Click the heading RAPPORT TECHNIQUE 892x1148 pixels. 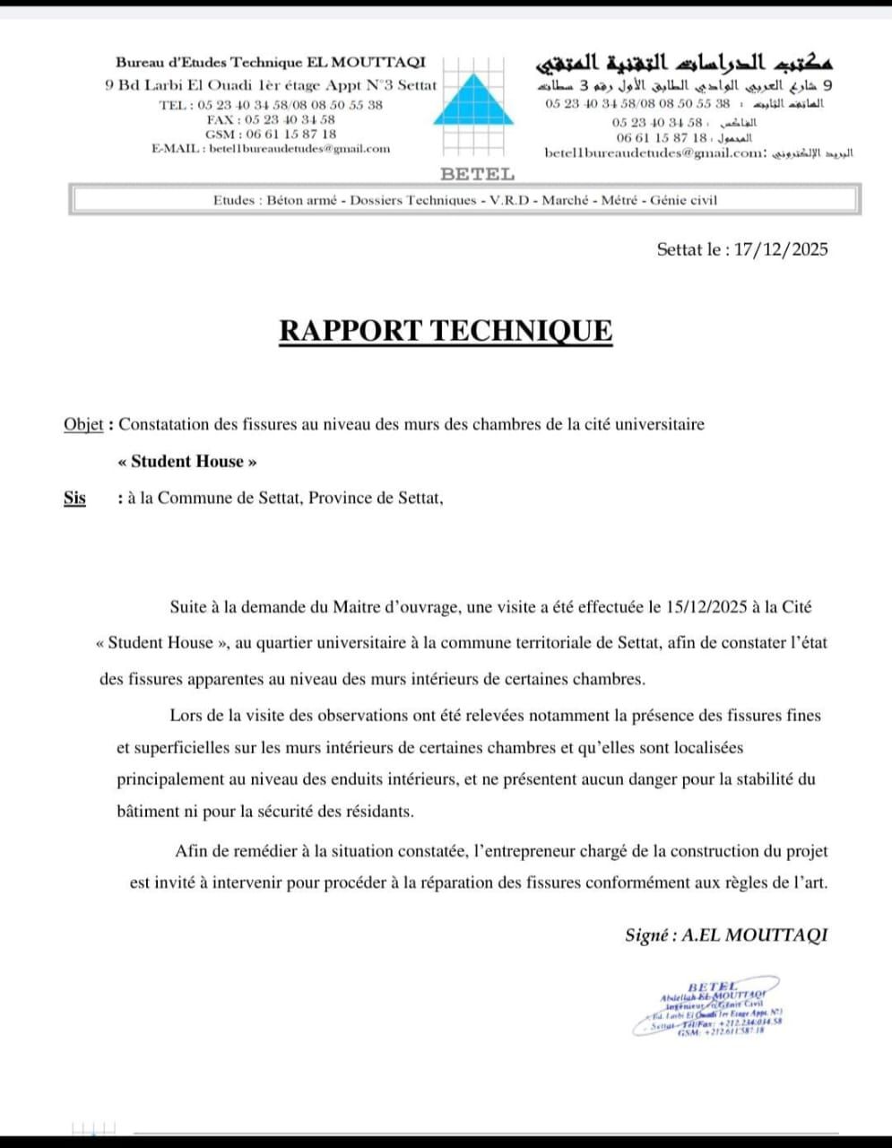pyautogui.click(x=446, y=330)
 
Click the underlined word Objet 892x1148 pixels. pyautogui.click(x=83, y=424)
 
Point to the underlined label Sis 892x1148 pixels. pyautogui.click(x=74, y=498)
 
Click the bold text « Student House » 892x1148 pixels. pyautogui.click(x=187, y=462)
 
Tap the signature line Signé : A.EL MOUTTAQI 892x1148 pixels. pyautogui.click(x=726, y=935)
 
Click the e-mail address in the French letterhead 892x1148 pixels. pyautogui.click(x=299, y=149)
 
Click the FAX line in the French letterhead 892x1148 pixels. pyautogui.click(x=271, y=119)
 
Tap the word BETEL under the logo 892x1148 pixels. pyautogui.click(x=477, y=174)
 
